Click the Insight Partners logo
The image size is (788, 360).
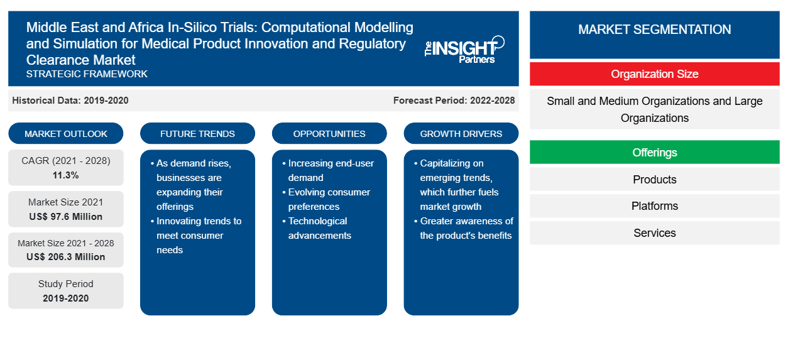pyautogui.click(x=464, y=50)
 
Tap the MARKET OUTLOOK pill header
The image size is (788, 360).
pyautogui.click(x=66, y=134)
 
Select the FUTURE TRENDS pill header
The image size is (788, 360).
pyautogui.click(x=197, y=134)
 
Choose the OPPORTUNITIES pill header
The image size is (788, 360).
pyautogui.click(x=329, y=134)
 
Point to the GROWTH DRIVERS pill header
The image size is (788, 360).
pyautogui.click(x=461, y=134)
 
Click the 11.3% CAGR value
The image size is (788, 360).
pyautogui.click(x=66, y=175)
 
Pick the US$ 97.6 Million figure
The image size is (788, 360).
pyautogui.click(x=66, y=217)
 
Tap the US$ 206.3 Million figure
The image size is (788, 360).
pyautogui.click(x=66, y=257)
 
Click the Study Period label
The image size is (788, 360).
pyautogui.click(x=66, y=284)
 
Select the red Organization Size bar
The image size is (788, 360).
pyautogui.click(x=654, y=74)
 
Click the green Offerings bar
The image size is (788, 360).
pyautogui.click(x=654, y=152)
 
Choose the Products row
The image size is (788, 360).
pyautogui.click(x=654, y=179)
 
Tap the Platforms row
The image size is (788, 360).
pyautogui.click(x=654, y=206)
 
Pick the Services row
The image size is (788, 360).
pyautogui.click(x=654, y=232)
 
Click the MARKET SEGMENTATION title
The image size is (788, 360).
pyautogui.click(x=654, y=30)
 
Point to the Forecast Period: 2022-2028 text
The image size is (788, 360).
pyautogui.click(x=454, y=101)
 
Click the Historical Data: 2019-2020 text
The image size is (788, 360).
pyautogui.click(x=70, y=101)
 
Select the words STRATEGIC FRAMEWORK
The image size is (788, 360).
pyautogui.click(x=87, y=74)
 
